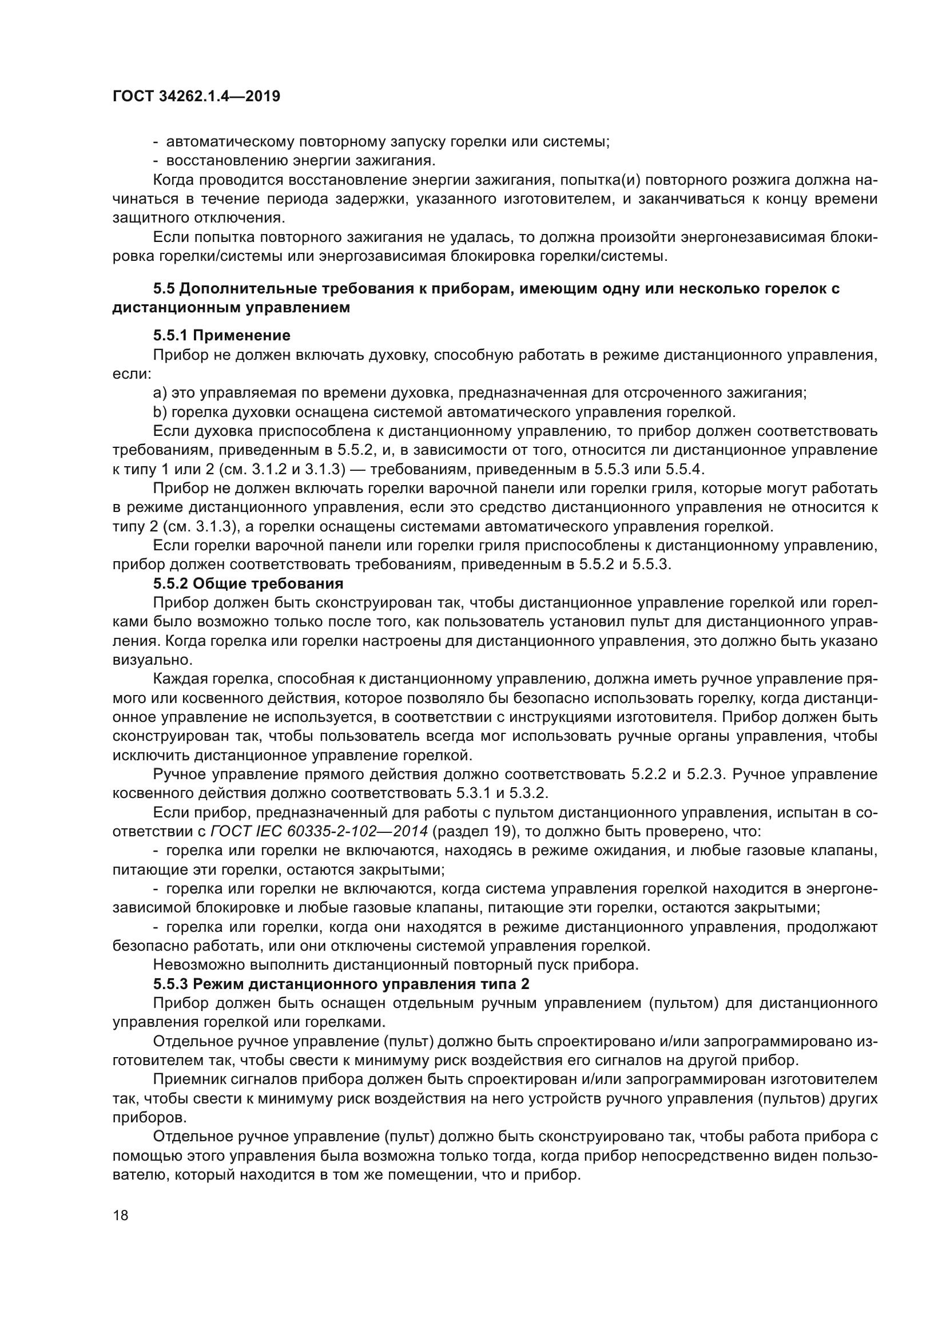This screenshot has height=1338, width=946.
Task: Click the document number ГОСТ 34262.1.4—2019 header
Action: [x=196, y=97]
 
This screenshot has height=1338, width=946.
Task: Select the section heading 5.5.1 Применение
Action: [x=221, y=336]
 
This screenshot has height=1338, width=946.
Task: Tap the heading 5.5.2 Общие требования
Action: [x=248, y=583]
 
